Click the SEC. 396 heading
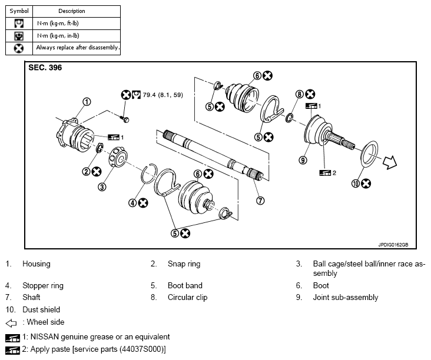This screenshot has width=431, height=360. point(45,68)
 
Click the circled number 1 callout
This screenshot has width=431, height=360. point(87,102)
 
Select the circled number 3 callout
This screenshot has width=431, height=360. point(102,187)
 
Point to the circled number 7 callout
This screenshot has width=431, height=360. point(260,201)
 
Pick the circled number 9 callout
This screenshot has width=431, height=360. point(303,160)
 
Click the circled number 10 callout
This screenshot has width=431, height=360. point(356,184)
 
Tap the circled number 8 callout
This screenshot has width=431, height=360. point(299,94)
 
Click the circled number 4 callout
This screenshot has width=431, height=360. point(132,203)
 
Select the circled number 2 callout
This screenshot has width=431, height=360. point(86,172)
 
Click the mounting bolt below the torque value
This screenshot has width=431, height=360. point(124,119)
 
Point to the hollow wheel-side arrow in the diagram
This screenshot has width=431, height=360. point(390,162)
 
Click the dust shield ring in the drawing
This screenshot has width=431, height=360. point(369,154)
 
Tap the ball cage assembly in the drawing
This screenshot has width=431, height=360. point(118,157)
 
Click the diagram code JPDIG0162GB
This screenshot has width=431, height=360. point(393,245)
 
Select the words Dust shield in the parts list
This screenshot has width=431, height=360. point(41,309)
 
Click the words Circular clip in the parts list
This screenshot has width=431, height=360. point(187,298)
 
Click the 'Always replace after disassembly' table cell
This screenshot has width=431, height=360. point(77,48)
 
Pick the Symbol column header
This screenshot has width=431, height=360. point(19,11)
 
